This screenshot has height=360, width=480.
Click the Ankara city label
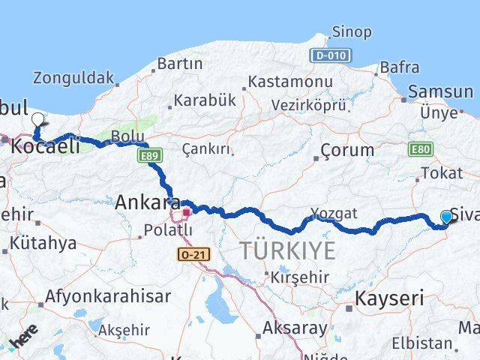pos(147,202)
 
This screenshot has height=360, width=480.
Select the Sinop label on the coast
pos(351,31)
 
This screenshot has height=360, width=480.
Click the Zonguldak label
pos(73,77)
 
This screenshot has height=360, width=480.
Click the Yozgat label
pos(335,213)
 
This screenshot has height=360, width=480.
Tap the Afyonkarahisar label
pos(107,296)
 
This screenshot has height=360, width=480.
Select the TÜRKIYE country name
pos(288,251)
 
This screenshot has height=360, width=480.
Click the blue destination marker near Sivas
pos(447,217)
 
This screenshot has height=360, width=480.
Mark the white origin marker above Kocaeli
pos(38,119)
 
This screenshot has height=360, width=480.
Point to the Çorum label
pos(346,149)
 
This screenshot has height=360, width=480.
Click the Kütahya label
pos(44,244)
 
